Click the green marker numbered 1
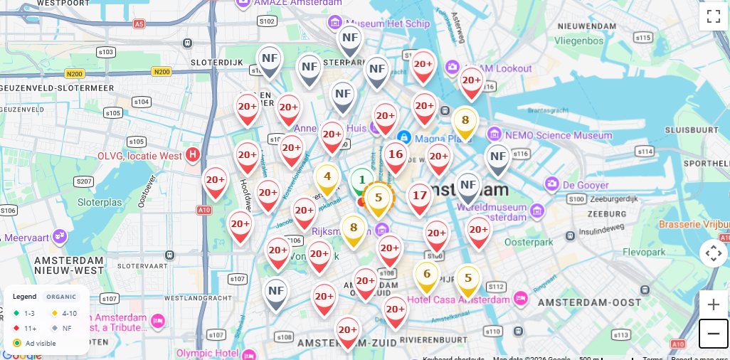[361, 180]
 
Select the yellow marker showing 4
[327, 177]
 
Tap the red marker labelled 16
[396, 155]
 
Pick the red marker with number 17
[420, 196]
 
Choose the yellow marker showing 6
[427, 275]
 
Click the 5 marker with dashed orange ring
[379, 198]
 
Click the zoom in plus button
[713, 305]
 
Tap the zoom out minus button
[713, 334]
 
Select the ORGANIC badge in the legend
[61, 297]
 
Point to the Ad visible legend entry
[40, 343]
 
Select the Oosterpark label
[529, 242]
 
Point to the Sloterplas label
[100, 202]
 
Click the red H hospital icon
[192, 154]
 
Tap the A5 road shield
[139, 23]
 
